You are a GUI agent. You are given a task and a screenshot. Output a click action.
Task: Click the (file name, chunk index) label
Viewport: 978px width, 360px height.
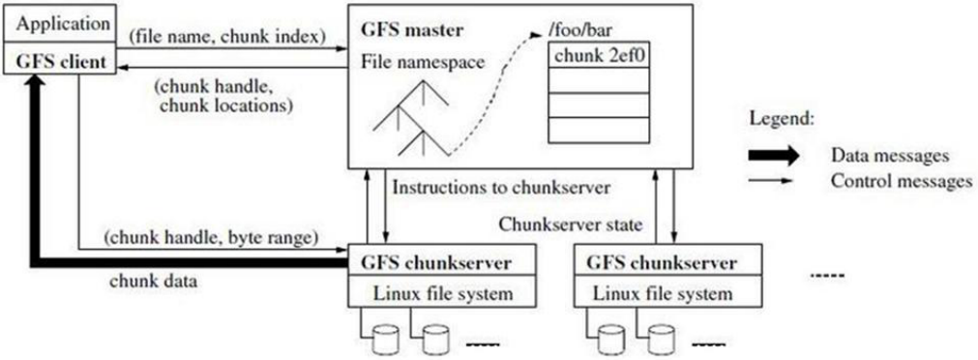227,37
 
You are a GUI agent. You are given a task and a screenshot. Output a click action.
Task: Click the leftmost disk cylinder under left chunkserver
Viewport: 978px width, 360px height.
384,337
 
